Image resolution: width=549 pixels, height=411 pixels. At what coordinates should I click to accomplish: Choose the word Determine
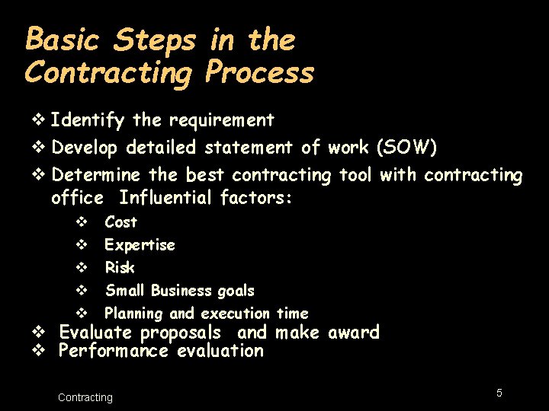click(96, 175)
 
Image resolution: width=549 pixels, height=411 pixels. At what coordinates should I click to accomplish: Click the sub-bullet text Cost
click(120, 222)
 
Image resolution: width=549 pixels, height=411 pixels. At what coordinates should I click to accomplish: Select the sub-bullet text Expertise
click(140, 245)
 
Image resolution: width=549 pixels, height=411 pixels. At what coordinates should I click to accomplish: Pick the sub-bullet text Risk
click(120, 268)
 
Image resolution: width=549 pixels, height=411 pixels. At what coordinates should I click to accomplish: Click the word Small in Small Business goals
click(125, 291)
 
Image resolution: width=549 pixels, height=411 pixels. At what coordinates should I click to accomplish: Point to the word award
click(353, 333)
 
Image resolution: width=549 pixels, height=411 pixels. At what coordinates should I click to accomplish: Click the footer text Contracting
click(85, 397)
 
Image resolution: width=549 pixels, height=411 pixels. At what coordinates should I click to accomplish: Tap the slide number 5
click(499, 393)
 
